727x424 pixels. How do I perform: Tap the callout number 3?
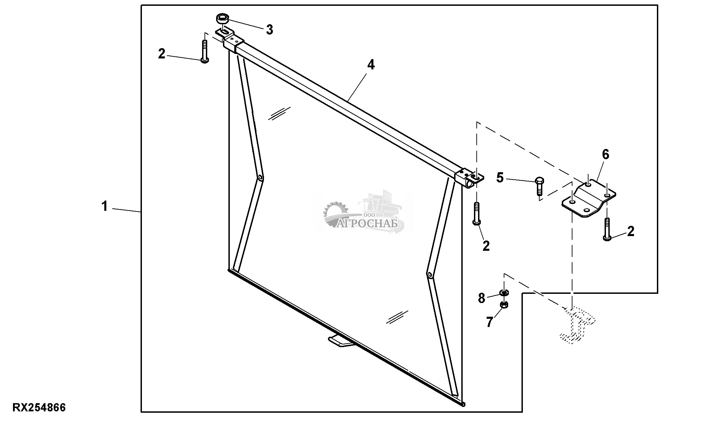point(269,30)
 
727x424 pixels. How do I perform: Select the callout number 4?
point(371,65)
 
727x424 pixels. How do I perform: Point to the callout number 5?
point(500,178)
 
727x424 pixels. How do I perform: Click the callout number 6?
point(605,155)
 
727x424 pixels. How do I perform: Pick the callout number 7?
point(490,322)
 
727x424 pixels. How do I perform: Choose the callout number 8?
point(481,298)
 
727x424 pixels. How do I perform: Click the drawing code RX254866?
point(39,408)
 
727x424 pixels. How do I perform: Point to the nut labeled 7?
point(504,305)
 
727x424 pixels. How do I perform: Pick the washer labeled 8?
point(504,292)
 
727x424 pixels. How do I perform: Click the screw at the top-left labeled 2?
point(204,51)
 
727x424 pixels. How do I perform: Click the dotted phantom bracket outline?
point(577,325)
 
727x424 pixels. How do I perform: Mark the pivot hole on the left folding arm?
point(260,178)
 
